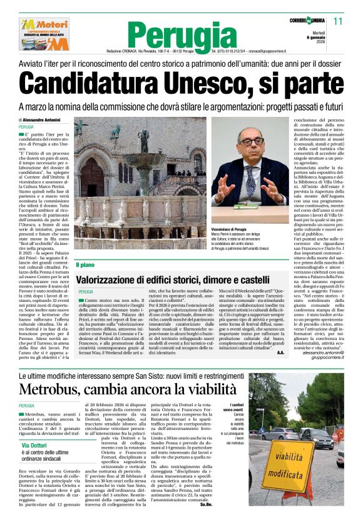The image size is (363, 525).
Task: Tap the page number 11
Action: point(338,21)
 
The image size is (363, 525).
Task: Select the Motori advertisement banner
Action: point(44,34)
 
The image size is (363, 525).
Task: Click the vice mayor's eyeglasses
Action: point(251,142)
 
